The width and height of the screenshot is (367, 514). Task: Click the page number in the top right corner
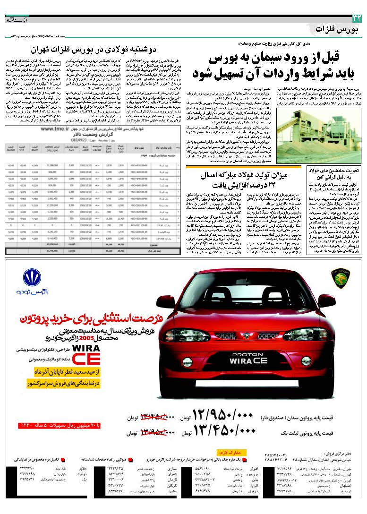(x=356, y=18)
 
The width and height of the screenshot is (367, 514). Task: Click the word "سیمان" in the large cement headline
(x=266, y=60)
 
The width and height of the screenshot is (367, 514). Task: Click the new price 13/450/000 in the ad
(x=223, y=431)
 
